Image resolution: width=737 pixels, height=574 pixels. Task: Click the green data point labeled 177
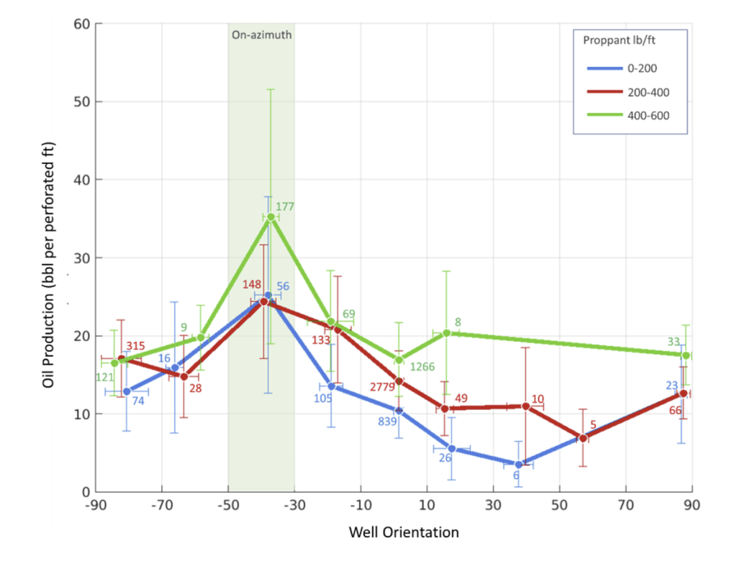[271, 217]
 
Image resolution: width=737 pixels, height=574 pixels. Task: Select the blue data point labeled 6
[518, 465]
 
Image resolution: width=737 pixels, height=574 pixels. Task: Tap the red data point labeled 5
[583, 438]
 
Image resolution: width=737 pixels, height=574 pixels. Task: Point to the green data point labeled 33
[686, 355]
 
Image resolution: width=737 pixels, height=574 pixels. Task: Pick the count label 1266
[422, 367]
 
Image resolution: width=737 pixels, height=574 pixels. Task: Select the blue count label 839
[388, 421]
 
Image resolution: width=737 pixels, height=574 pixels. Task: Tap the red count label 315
[135, 346]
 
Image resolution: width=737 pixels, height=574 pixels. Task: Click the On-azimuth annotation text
[261, 34]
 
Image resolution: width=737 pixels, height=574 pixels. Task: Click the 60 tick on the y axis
[81, 24]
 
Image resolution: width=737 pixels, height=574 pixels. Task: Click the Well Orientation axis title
[404, 533]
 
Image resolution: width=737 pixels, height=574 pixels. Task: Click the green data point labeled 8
[447, 333]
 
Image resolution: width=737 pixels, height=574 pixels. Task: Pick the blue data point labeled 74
[127, 391]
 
